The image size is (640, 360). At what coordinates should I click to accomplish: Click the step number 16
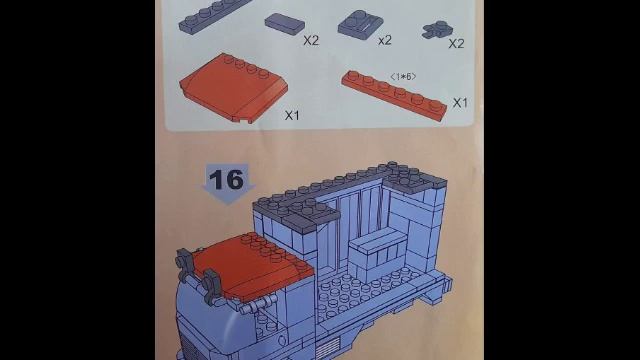tap(226, 179)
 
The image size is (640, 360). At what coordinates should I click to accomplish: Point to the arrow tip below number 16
tap(228, 204)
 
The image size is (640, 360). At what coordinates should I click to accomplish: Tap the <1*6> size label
tap(403, 77)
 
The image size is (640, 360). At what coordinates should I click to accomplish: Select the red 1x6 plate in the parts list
tap(394, 95)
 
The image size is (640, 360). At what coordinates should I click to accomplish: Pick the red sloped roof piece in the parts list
tap(233, 88)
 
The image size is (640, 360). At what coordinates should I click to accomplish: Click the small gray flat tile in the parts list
tap(284, 22)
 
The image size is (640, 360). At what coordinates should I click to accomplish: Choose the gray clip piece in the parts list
tap(437, 30)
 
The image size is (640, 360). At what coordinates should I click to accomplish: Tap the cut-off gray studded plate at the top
tap(213, 15)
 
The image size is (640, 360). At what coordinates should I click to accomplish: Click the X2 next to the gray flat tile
tap(311, 40)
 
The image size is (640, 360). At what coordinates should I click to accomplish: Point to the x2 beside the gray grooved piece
tap(384, 40)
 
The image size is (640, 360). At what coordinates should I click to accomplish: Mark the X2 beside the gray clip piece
tap(456, 43)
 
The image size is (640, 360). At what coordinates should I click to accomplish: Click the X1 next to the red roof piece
tap(292, 115)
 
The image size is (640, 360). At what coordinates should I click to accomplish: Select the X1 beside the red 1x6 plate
tap(460, 102)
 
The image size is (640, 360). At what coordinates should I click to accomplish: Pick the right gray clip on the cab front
tap(212, 287)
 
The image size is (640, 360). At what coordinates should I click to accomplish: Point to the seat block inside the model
tap(377, 256)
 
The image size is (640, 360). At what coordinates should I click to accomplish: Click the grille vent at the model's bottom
tap(327, 349)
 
